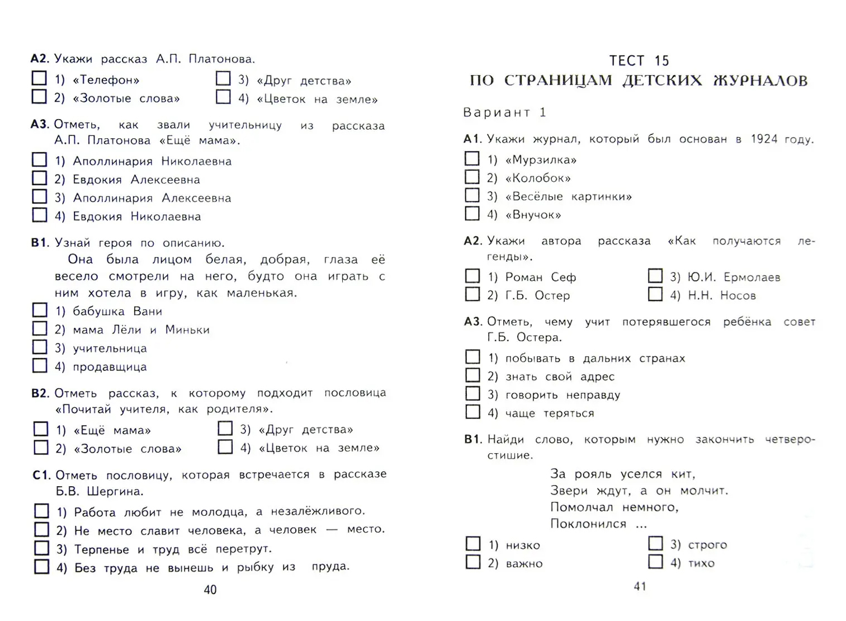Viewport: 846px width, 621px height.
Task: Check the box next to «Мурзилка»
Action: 472,159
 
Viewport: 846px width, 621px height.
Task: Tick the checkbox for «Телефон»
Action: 39,78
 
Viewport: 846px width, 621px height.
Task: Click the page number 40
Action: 210,590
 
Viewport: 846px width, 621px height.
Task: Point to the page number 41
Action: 640,586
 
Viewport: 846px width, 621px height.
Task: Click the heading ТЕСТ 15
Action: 639,60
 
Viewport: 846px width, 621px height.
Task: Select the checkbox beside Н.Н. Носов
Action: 655,294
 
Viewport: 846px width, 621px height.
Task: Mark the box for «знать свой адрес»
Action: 473,375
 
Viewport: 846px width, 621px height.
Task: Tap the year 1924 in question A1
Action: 764,139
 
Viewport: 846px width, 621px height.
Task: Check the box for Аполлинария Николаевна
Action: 40,160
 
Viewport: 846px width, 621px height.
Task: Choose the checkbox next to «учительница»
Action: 40,347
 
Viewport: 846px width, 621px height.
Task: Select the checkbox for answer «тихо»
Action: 655,562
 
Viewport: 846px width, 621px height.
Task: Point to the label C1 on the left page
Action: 41,475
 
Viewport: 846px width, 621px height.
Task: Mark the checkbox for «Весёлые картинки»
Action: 472,195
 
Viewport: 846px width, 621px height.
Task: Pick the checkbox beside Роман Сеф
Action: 473,276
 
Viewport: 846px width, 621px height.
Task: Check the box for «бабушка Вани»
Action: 40,310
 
